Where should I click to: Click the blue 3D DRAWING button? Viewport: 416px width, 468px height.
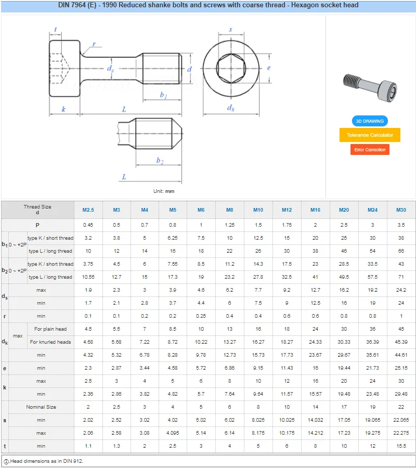369,121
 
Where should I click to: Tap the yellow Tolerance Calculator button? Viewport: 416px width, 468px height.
370,135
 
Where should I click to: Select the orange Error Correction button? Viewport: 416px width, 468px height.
370,150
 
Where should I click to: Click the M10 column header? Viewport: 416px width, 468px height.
258,210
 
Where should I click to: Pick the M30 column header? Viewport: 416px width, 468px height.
401,210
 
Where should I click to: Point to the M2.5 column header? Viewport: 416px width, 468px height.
88,210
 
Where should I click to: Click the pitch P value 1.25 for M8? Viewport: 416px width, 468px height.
230,225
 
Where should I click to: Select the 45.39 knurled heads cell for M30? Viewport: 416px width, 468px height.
401,342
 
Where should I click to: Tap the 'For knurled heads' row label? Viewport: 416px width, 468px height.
50,342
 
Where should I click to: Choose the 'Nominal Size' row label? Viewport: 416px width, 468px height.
41,407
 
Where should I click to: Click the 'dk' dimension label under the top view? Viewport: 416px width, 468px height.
231,108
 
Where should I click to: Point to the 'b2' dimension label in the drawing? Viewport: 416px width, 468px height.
160,161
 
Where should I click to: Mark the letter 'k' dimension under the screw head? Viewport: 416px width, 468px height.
63,109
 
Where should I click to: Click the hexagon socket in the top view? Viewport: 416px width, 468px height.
231,68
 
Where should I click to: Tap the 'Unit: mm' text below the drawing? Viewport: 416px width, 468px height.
164,191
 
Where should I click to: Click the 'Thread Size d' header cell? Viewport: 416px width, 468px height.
37,210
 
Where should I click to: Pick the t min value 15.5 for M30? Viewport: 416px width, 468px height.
401,446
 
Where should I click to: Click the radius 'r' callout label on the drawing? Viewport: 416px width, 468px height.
94,44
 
